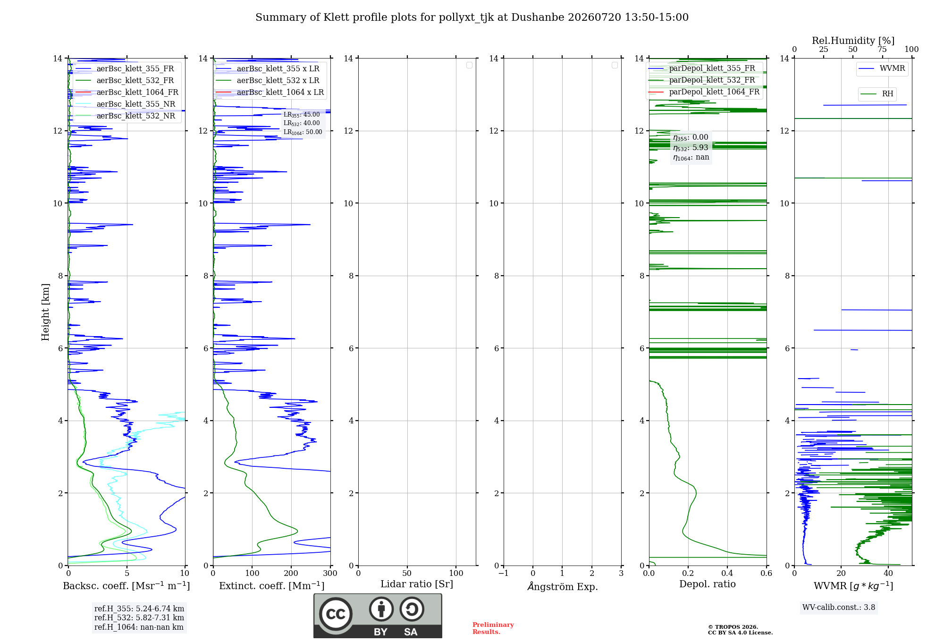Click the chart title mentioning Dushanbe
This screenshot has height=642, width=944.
pyautogui.click(x=472, y=17)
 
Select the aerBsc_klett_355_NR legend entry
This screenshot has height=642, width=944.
pyautogui.click(x=126, y=104)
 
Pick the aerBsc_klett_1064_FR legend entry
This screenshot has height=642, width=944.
pyautogui.click(x=127, y=92)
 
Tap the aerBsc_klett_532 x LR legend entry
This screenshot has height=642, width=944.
pyautogui.click(x=268, y=80)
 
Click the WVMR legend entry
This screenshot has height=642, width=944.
pyautogui.click(x=882, y=68)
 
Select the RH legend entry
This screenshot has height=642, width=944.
pyautogui.click(x=877, y=94)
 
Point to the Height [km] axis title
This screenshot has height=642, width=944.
pyautogui.click(x=45, y=312)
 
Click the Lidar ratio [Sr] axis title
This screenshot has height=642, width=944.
pyautogui.click(x=417, y=584)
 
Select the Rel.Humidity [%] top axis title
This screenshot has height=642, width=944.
pyautogui.click(x=853, y=41)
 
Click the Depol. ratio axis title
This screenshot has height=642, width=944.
pyautogui.click(x=708, y=584)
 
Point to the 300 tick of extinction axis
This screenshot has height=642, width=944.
pyautogui.click(x=330, y=573)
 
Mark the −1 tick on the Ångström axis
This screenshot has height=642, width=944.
pyautogui.click(x=504, y=573)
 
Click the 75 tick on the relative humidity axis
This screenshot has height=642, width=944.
pyautogui.click(x=882, y=49)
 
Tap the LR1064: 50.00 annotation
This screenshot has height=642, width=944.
pyautogui.click(x=303, y=132)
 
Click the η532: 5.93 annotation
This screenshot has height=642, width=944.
pyautogui.click(x=691, y=147)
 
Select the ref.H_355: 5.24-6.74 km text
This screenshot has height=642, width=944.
pyautogui.click(x=139, y=608)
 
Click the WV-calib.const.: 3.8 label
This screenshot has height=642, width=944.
pyautogui.click(x=839, y=607)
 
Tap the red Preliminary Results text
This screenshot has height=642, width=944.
pyautogui.click(x=493, y=628)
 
